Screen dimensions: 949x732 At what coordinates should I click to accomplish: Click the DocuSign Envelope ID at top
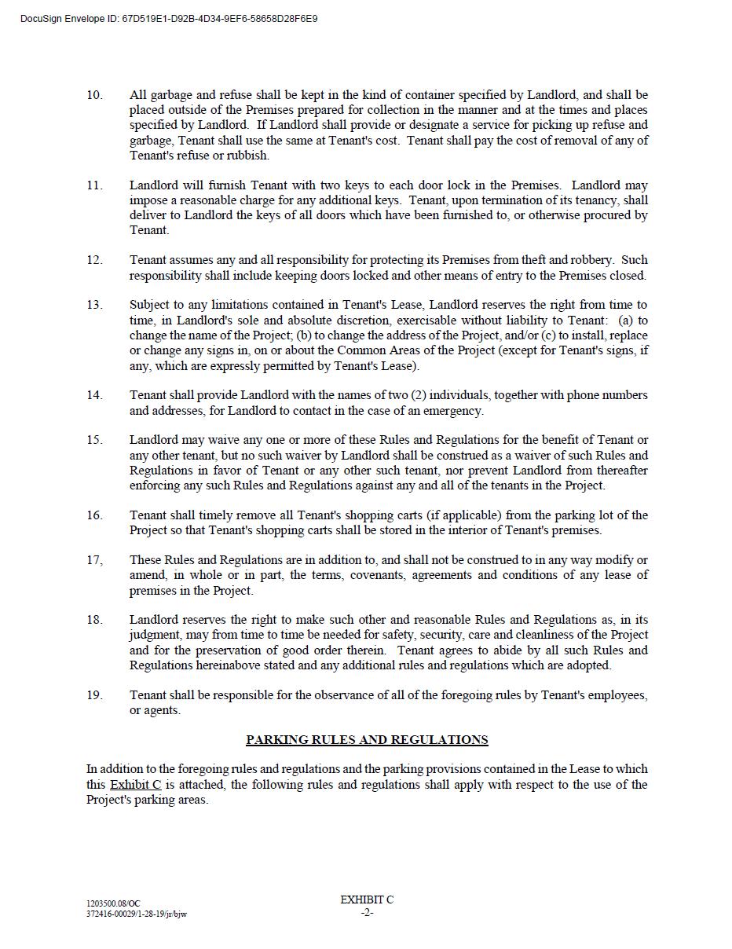click(169, 18)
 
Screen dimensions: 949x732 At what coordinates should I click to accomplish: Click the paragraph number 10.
click(94, 95)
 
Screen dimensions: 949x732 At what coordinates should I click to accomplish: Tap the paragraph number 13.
click(94, 305)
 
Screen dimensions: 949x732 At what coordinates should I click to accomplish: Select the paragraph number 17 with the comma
click(94, 560)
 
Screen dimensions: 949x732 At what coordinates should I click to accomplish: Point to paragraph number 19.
click(94, 695)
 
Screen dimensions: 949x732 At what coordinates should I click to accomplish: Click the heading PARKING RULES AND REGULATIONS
click(367, 740)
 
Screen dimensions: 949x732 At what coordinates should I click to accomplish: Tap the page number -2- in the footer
click(367, 913)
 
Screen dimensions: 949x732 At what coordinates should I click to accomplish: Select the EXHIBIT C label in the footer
click(367, 900)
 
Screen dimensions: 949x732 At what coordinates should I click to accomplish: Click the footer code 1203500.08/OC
click(113, 904)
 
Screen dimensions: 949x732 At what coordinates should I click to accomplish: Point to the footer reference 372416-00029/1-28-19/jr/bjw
click(137, 914)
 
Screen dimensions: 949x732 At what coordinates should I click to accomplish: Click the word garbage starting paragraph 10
click(170, 95)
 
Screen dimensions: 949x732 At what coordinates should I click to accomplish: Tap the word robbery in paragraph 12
click(590, 260)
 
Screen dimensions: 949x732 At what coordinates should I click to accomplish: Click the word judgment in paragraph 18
click(156, 635)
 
